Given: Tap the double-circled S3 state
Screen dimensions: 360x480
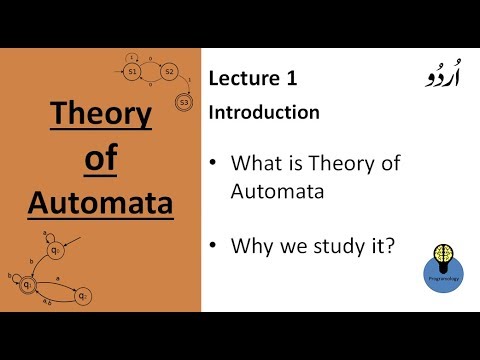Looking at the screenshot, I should tap(183, 101).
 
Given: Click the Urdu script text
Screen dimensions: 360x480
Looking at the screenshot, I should tap(411, 77).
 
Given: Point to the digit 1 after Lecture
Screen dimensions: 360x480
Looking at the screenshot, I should tap(292, 78).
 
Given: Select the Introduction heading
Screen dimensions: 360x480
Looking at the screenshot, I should tap(264, 112).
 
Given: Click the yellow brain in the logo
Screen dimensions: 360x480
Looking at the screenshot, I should tap(443, 251).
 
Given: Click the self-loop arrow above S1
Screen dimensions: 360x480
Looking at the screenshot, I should tap(131, 56).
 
